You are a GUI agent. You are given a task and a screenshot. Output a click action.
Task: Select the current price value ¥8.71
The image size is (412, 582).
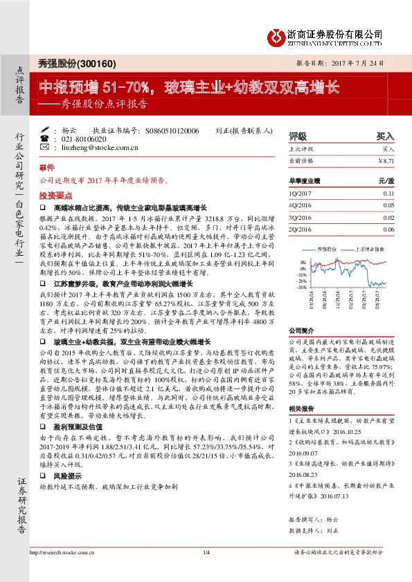pyautogui.click(x=386, y=160)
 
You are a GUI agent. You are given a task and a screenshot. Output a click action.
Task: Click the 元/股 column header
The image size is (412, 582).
pyautogui.click(x=386, y=180)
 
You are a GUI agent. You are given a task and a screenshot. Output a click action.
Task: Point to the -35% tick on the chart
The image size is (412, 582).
pyautogui.click(x=303, y=287)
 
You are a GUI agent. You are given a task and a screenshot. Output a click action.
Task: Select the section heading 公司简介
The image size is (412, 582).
pyautogui.click(x=302, y=330)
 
